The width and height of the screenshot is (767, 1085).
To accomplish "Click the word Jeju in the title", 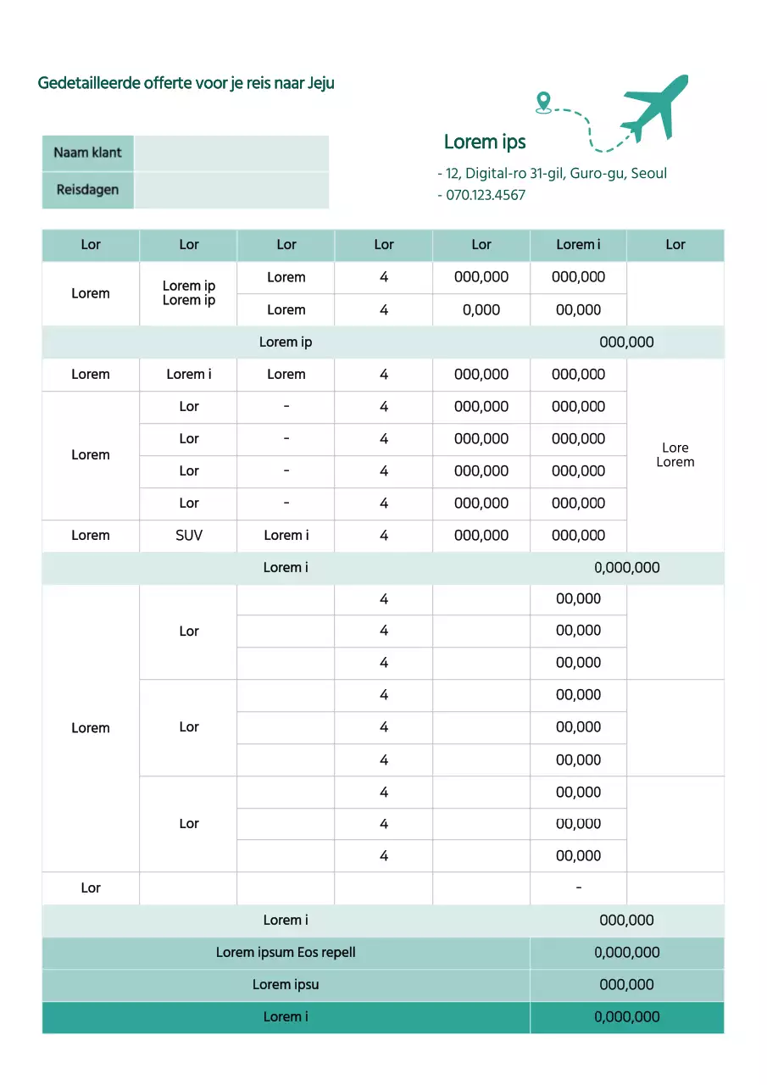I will tap(320, 83).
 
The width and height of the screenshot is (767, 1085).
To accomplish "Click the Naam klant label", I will tap(87, 153).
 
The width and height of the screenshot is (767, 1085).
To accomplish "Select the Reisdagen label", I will tap(87, 189).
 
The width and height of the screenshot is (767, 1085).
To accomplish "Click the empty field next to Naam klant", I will tap(231, 153).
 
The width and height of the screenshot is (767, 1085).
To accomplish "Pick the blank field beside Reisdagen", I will tap(231, 190).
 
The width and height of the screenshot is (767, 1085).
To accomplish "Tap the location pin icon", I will tap(543, 103).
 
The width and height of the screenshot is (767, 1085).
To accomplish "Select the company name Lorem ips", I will tap(485, 142).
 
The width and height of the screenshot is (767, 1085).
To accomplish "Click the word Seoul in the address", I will tap(649, 173).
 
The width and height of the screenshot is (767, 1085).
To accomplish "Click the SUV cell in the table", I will tap(189, 535).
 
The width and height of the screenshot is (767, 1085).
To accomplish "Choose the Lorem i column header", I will tap(578, 244).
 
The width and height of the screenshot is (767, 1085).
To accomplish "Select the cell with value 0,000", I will tap(481, 309).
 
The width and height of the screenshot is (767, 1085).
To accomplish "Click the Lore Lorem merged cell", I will tap(675, 454).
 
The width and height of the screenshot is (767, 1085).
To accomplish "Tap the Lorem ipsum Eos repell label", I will tap(286, 952).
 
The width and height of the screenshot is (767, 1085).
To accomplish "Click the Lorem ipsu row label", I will tap(286, 984).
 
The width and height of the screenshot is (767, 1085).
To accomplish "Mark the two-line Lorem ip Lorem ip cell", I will tap(189, 293).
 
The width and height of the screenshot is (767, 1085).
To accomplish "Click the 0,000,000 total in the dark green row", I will tap(627, 1016).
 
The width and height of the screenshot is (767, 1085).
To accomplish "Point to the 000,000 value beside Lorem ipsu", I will tap(627, 984).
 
